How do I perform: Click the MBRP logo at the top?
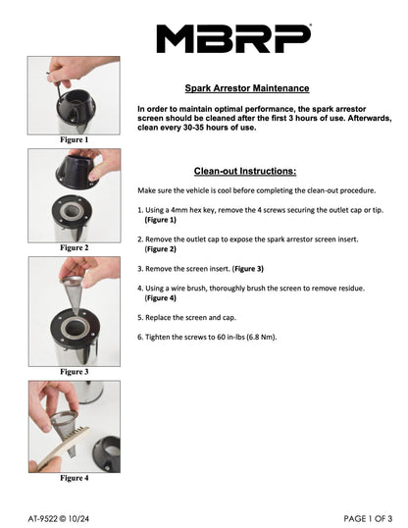pyautogui.click(x=234, y=38)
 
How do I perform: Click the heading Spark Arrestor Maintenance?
pyautogui.click(x=247, y=88)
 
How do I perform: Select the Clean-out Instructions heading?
pyautogui.click(x=245, y=171)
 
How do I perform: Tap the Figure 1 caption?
pyautogui.click(x=75, y=139)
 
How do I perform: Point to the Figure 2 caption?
pyautogui.click(x=75, y=248)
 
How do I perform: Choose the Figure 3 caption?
pyautogui.click(x=75, y=372)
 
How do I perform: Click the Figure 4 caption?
pyautogui.click(x=75, y=478)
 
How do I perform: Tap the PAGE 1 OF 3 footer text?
pyautogui.click(x=368, y=518)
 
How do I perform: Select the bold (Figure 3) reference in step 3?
pyautogui.click(x=248, y=269)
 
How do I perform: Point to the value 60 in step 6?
pyautogui.click(x=221, y=337)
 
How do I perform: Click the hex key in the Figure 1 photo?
pyautogui.click(x=57, y=85)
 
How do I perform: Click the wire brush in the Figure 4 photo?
pyautogui.click(x=62, y=447)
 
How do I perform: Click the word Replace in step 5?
pyautogui.click(x=158, y=318)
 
